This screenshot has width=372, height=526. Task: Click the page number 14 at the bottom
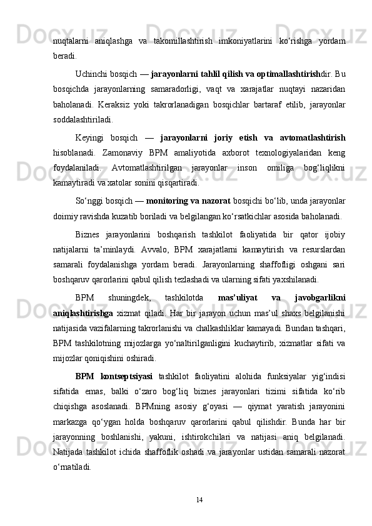[199, 499]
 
